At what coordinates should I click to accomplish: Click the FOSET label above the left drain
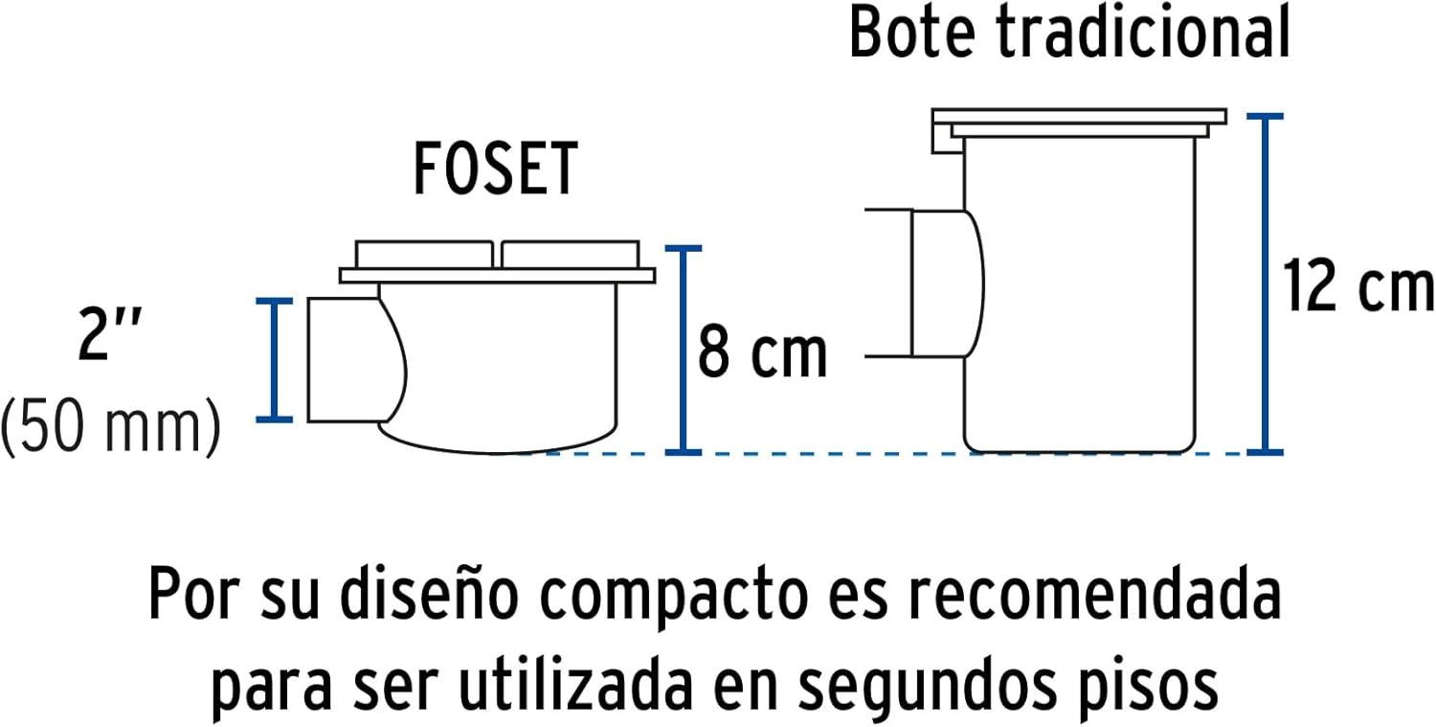496,169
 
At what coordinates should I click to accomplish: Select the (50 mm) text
111,426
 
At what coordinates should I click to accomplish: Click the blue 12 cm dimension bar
1265,284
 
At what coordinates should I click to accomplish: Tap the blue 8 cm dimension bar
684,351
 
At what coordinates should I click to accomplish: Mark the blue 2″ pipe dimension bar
275,360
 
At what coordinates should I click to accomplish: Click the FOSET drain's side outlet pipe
356,360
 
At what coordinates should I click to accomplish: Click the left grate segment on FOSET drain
424,254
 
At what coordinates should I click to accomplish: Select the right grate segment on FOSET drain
570,254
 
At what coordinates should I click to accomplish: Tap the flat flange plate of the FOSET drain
498,276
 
